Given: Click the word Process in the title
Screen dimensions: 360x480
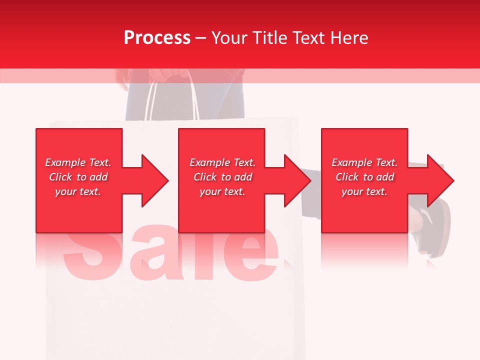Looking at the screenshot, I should (157, 38).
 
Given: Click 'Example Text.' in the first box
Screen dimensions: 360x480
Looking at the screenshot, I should (78, 162).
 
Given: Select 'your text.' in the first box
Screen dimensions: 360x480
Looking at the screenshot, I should (78, 191).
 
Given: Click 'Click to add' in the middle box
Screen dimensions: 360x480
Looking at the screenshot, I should (222, 177).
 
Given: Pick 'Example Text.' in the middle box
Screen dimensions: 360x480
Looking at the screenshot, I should (222, 162).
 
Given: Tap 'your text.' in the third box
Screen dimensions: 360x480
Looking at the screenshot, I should (364, 191).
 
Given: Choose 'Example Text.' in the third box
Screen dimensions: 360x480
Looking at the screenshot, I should (364, 162).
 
